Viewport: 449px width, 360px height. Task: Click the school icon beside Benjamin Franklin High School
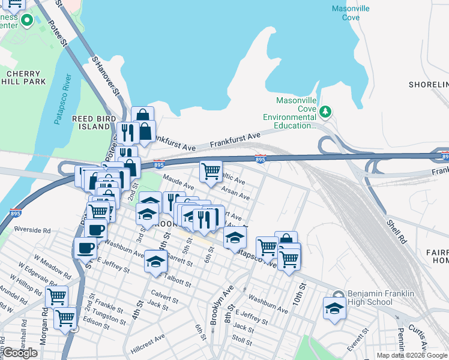(334, 308)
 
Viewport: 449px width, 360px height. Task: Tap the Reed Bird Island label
(94, 123)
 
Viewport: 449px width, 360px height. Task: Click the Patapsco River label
(63, 100)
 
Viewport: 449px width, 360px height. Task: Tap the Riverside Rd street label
(32, 230)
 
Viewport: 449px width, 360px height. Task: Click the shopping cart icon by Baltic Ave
(211, 171)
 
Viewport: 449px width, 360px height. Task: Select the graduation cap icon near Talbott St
(156, 261)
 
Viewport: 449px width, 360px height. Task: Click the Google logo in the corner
(20, 353)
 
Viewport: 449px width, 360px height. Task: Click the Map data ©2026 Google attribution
(412, 355)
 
